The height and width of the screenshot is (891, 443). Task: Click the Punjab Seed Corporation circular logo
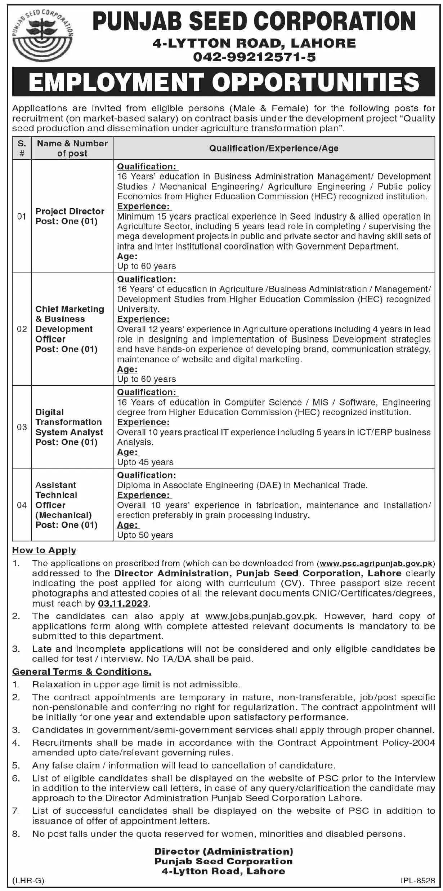click(42, 35)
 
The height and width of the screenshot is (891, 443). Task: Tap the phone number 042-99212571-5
click(254, 57)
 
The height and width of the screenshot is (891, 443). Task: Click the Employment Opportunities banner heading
click(224, 82)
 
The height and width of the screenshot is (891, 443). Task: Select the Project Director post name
click(70, 211)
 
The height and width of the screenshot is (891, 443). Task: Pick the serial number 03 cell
click(22, 427)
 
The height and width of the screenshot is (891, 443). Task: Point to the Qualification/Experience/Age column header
click(274, 148)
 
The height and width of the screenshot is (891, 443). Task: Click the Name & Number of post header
click(72, 148)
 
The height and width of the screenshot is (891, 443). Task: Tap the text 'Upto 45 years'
click(145, 462)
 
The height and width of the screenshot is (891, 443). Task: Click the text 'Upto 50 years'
click(145, 535)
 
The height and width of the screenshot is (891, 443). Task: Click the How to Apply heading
click(44, 550)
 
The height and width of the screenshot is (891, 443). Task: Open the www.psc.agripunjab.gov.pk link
click(376, 563)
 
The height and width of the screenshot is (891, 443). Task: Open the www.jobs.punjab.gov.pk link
click(260, 616)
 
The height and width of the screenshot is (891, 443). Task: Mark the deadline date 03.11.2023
click(123, 603)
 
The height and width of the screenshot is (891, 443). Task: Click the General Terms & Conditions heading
click(82, 671)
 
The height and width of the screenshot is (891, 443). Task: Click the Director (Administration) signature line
click(224, 851)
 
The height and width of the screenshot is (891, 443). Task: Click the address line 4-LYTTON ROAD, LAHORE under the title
click(254, 43)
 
